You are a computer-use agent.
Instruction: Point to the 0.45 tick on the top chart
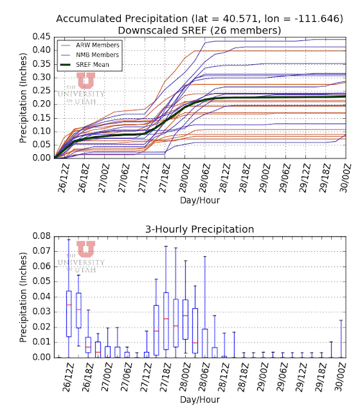pos(41,37)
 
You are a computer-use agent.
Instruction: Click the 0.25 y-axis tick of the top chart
pos(41,91)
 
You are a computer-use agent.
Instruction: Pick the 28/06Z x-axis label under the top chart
pos(204,178)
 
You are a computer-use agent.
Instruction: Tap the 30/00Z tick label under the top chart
pos(345,178)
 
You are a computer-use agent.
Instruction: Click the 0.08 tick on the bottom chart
pos(41,236)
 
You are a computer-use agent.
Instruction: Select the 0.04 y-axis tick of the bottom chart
pos(41,297)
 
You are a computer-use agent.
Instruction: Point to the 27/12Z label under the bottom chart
pos(146,378)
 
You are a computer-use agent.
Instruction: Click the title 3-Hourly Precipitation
pos(200,229)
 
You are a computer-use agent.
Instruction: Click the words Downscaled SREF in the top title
pos(162,30)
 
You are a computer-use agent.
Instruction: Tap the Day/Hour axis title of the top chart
pos(200,200)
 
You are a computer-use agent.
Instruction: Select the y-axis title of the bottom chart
pos(23,297)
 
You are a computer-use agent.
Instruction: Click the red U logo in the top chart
pos(85,80)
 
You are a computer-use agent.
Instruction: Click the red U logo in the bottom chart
pos(85,249)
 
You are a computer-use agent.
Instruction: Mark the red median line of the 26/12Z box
pos(69,305)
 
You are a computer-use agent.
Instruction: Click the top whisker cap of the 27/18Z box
pos(166,246)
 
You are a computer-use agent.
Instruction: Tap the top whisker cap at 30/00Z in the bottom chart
pos(341,320)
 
